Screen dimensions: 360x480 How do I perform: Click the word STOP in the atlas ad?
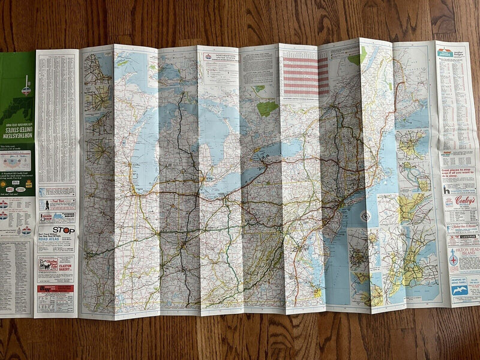64,230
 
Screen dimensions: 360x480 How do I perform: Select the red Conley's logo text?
464,200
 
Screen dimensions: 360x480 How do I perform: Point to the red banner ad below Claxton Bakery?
55,289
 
